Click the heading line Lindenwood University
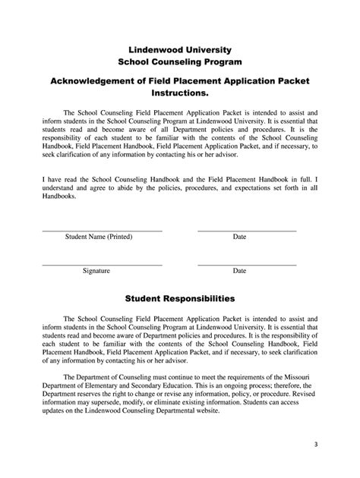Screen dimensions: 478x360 [179, 49]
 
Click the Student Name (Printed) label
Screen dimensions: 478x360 [99, 237]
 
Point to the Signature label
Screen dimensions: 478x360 [96, 270]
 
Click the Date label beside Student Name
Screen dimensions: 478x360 [239, 237]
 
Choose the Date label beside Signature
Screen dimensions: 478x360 [239, 270]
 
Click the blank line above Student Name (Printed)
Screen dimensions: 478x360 [102, 230]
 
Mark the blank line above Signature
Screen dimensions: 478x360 [102, 263]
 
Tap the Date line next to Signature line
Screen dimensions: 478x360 [246, 263]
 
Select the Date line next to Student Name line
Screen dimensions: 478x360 [246, 230]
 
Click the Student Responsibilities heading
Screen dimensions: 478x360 [179, 299]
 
